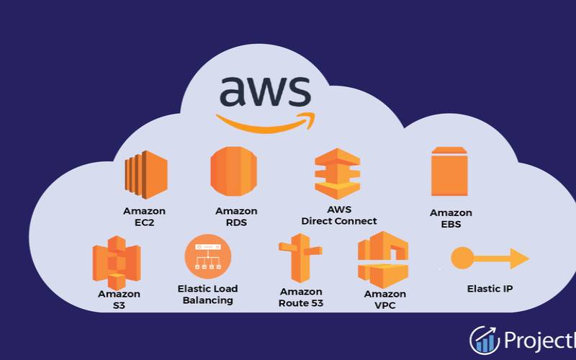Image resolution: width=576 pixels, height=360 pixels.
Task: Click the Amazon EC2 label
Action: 144,217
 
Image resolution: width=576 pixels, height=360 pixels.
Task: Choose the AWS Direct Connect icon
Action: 336,175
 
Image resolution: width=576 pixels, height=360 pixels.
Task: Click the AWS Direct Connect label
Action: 339,215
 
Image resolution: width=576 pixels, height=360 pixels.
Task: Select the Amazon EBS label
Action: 451,218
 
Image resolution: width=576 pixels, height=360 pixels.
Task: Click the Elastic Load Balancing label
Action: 207,294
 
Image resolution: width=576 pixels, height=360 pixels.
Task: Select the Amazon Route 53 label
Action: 301,297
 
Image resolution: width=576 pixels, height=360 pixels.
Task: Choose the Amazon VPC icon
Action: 382,259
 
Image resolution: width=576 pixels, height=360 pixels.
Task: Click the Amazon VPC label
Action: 384,300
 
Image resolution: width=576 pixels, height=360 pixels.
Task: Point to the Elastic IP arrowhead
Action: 520,258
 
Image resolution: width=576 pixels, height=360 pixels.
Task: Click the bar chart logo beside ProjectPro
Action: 484,340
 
